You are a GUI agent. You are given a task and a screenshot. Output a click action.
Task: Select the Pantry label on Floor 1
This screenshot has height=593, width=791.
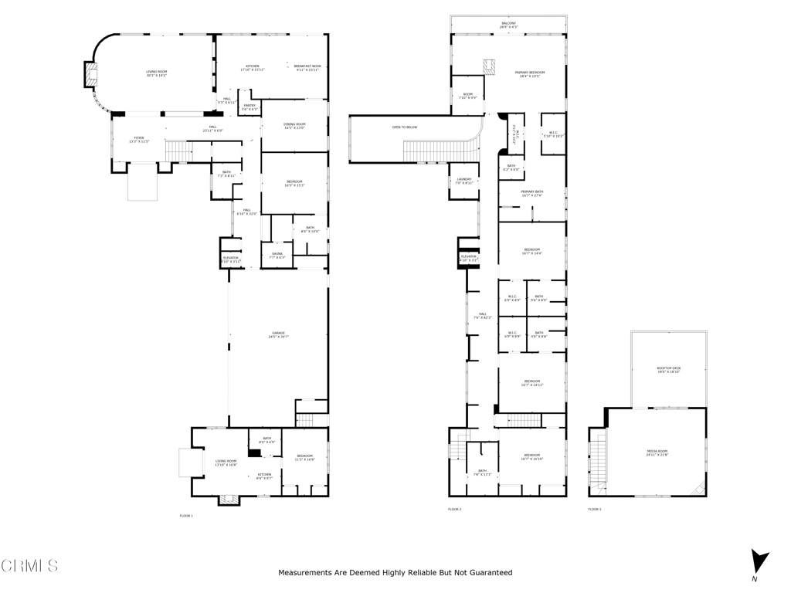[x=250, y=107]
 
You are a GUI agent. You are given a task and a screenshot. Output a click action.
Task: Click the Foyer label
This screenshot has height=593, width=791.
[x=139, y=139]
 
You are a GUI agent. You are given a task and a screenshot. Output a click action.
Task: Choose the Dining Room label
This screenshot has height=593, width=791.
[x=294, y=125]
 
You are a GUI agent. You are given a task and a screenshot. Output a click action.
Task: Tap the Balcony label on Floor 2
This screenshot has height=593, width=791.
[x=508, y=25]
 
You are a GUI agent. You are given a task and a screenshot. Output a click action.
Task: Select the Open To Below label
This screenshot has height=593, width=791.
[x=405, y=127]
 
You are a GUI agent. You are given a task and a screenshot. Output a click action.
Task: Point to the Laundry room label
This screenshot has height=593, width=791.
[x=463, y=181]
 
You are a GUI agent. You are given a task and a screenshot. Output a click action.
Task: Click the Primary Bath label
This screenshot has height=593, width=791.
[x=531, y=193]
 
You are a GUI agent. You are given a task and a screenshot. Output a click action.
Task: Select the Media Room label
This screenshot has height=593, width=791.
[x=657, y=452]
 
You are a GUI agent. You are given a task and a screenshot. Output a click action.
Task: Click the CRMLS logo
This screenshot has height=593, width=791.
[x=29, y=566]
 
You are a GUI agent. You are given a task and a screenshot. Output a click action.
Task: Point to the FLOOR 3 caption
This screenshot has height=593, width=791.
[x=595, y=510]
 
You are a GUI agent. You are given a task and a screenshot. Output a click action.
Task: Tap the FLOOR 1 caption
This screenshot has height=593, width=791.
[x=186, y=515]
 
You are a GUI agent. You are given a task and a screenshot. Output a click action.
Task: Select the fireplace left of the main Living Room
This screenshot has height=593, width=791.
[x=91, y=75]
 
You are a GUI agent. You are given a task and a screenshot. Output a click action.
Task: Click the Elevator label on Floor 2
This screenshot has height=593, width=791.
[x=469, y=257]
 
